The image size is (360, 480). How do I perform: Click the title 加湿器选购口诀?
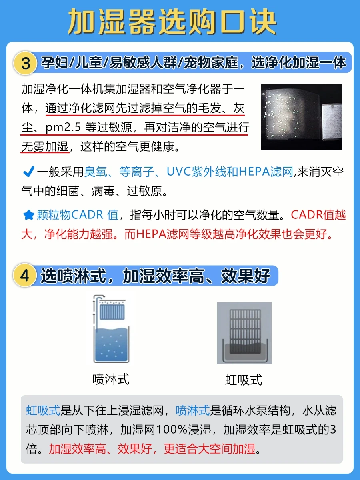point(172,22)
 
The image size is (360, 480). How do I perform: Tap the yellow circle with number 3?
point(25,63)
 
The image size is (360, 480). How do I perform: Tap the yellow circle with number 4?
point(24,275)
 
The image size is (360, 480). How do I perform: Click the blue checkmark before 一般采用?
point(29,172)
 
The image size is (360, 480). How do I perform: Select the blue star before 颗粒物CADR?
point(29,215)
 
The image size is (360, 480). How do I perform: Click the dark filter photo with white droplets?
point(302,117)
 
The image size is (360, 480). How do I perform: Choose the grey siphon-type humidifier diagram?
point(244,333)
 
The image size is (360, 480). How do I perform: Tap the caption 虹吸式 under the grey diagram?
point(244,380)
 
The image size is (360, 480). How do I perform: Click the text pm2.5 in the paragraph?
point(63,127)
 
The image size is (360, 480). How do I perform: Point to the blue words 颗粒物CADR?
point(70,215)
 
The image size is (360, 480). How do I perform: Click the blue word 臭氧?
point(96,172)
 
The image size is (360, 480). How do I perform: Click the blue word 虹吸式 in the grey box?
point(43,410)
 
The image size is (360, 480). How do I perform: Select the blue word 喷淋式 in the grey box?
point(193,410)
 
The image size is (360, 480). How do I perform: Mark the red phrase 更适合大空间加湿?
point(210,449)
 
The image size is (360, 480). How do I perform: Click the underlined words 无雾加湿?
point(45,146)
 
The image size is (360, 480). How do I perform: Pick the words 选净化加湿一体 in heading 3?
point(299,63)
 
